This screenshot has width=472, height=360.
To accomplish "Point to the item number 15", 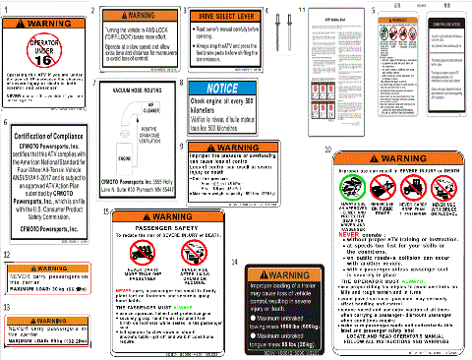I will coord(105,211).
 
